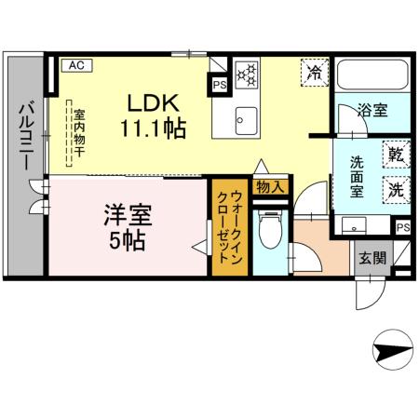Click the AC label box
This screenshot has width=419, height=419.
click(x=76, y=65)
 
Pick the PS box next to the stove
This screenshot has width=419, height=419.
click(x=220, y=83)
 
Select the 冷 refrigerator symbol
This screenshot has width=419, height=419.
click(x=315, y=72)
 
